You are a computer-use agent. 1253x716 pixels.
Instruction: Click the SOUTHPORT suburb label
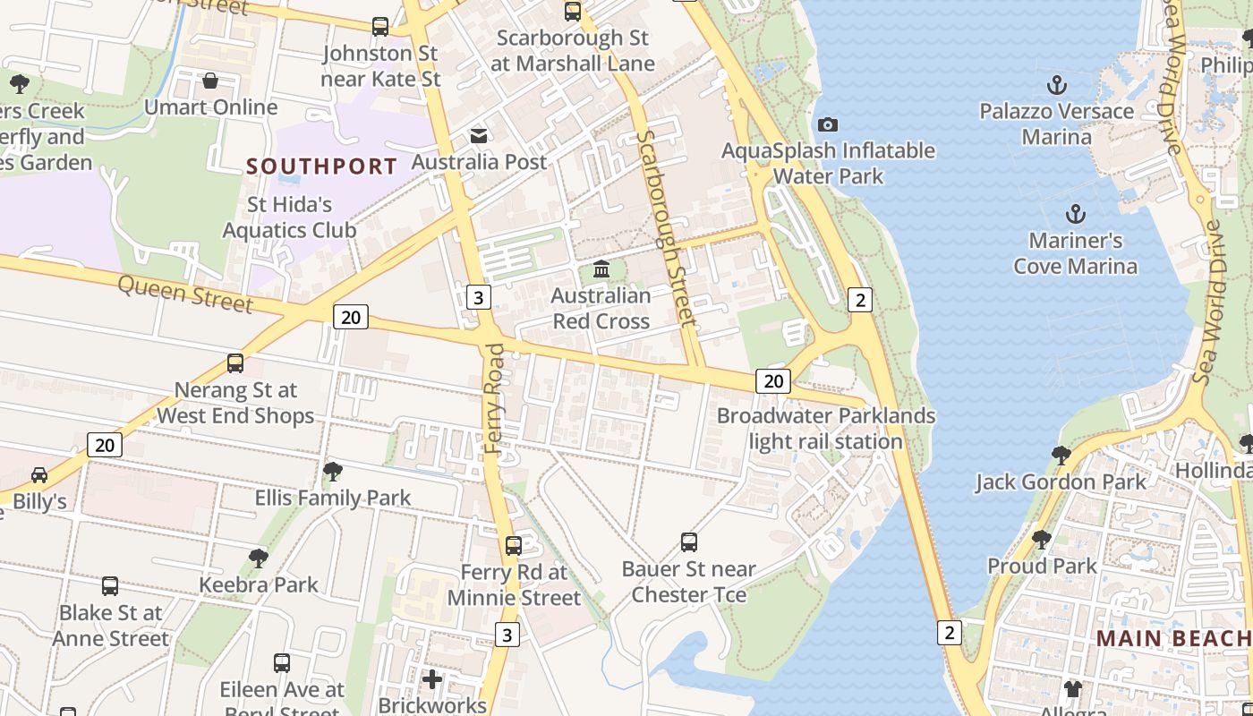point(321,166)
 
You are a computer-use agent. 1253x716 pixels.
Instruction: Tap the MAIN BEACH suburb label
point(1173,638)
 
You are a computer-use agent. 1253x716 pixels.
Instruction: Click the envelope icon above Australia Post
point(479,136)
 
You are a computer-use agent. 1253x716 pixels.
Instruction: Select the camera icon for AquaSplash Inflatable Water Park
point(828,124)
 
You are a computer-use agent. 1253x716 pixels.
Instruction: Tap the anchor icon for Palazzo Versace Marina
point(1057,85)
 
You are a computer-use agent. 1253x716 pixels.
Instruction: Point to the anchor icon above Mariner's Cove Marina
point(1076,214)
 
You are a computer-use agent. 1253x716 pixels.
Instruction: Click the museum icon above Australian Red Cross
point(601,268)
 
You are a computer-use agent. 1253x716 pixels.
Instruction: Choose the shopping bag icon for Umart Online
point(210,81)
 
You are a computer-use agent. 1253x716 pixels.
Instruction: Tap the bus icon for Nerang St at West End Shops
point(235,363)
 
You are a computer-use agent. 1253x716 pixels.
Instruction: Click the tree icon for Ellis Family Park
point(333,471)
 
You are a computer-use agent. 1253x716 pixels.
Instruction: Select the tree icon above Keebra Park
point(259,558)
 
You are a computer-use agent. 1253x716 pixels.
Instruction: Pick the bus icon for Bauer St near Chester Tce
point(689,542)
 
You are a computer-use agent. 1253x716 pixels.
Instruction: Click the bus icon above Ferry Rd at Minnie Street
point(514,546)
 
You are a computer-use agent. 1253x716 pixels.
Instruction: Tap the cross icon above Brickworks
point(432,679)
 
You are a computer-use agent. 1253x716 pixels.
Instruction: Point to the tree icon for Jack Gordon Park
point(1061,456)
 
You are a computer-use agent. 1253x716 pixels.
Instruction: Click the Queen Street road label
point(185,293)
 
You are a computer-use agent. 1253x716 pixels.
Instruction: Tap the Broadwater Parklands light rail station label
point(825,429)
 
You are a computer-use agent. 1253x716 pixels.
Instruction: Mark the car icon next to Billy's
point(39,475)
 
